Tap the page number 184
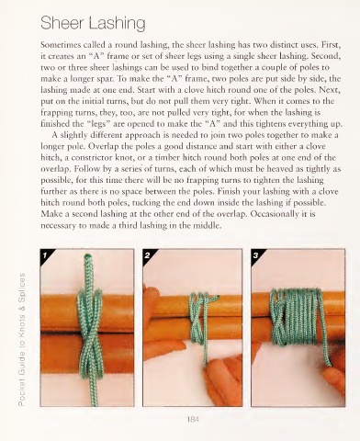click(193, 419)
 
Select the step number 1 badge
click(45, 254)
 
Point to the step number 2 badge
click(148, 254)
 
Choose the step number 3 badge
click(256, 254)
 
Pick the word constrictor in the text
click(90, 158)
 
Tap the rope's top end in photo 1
click(88, 255)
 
